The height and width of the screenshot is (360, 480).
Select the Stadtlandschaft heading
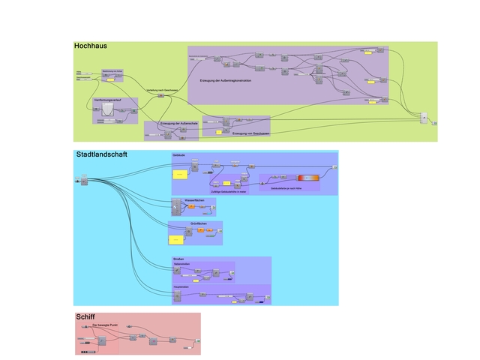click(x=101, y=154)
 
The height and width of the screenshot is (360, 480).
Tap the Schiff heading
click(x=85, y=317)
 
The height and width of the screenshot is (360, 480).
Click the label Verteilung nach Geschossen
click(x=161, y=90)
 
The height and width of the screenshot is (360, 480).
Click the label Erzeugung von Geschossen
click(x=250, y=133)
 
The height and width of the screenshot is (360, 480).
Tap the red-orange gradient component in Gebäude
click(x=307, y=178)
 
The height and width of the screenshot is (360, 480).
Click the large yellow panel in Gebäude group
click(x=181, y=175)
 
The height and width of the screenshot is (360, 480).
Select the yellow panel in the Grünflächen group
click(x=176, y=239)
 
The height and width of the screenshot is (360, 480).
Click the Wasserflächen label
click(x=193, y=200)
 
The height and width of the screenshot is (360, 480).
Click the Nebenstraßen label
click(x=182, y=264)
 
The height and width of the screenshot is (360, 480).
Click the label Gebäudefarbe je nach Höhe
click(x=286, y=188)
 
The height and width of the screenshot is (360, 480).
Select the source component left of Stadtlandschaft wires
click(x=83, y=178)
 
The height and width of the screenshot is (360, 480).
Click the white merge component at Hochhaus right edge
click(x=424, y=118)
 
